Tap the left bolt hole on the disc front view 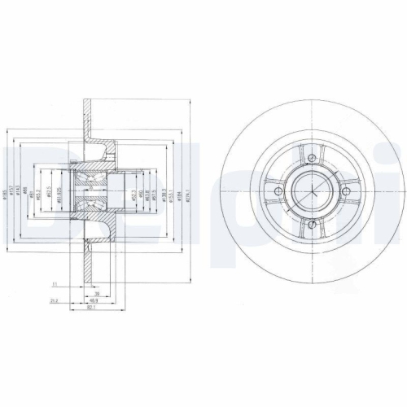278,191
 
